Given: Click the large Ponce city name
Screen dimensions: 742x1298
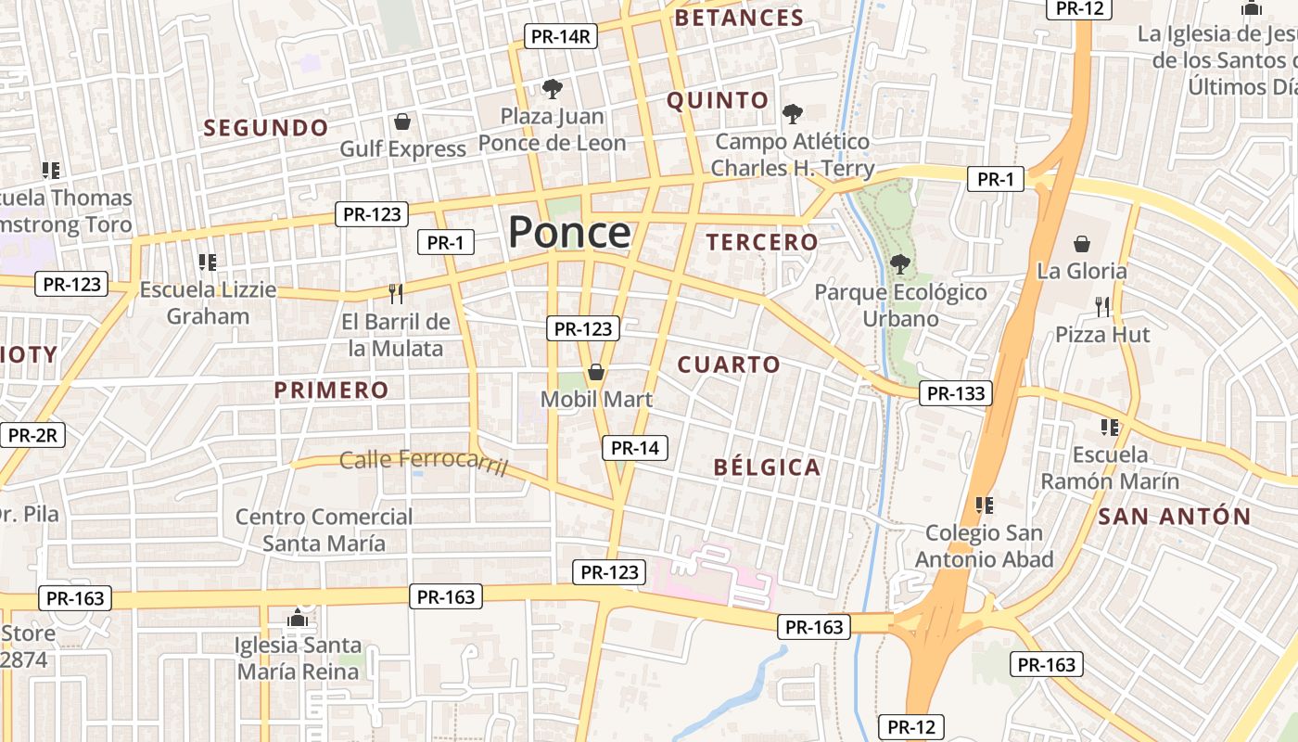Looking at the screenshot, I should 569,232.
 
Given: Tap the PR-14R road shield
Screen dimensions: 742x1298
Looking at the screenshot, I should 561,36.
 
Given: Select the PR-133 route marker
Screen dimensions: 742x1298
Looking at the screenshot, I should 956,393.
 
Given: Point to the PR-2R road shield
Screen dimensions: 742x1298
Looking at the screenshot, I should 32,435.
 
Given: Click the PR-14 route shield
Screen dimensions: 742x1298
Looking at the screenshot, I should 635,448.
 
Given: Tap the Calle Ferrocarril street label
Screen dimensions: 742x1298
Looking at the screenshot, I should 424,461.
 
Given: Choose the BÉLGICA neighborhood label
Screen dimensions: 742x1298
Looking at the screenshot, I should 767,467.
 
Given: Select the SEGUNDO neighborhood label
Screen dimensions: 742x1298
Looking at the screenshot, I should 266,128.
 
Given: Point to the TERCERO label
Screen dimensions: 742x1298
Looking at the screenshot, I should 762,243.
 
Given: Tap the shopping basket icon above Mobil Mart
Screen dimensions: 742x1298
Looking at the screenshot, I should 596,372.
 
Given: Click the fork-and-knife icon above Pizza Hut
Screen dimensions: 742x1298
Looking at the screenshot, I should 1101,306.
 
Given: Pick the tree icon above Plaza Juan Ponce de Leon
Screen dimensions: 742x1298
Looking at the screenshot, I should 553,89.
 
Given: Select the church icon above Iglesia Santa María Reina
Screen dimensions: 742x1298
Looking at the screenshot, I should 297,617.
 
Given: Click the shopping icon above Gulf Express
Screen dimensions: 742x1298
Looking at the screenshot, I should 402,122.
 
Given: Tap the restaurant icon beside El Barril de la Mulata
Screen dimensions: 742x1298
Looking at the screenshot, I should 396,294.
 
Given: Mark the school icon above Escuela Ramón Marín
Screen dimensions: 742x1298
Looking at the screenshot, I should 1110,427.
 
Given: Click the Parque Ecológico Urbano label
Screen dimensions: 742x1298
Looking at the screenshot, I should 900,305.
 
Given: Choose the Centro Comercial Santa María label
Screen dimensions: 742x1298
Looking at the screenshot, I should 324,529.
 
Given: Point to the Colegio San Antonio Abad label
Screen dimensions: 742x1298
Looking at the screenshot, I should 984,546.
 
